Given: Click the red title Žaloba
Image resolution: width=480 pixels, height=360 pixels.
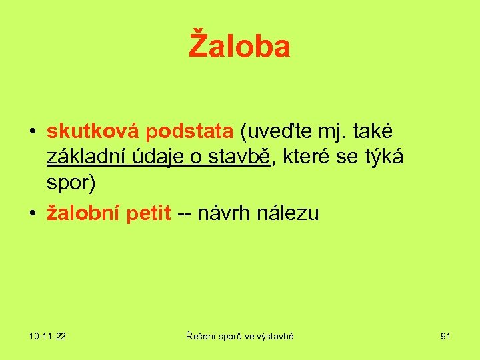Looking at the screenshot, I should click(239, 46).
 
